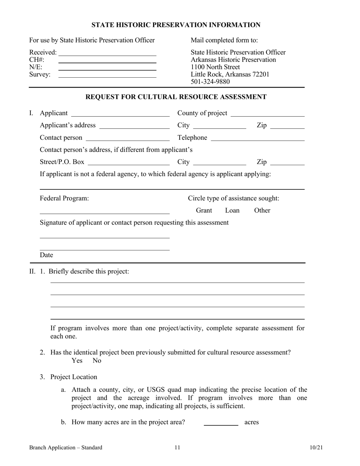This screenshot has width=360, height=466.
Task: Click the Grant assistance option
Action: point(204,210)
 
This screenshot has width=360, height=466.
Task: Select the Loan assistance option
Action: point(232,210)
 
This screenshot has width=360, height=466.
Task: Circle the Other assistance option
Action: point(262,210)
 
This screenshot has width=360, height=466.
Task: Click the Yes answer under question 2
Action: point(77,361)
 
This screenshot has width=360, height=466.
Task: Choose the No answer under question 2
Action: point(97,361)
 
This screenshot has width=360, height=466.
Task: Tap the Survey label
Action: point(40,75)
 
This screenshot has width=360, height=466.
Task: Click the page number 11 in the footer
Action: point(177,448)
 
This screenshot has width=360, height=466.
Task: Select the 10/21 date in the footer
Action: point(316,448)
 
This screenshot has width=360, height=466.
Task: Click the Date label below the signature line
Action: point(47,255)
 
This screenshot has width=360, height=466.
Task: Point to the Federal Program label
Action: point(64,198)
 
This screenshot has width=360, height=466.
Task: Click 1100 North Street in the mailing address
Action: point(215,67)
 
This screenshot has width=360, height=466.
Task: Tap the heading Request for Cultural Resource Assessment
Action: point(176,97)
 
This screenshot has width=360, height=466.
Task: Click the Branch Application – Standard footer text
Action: point(66,448)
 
